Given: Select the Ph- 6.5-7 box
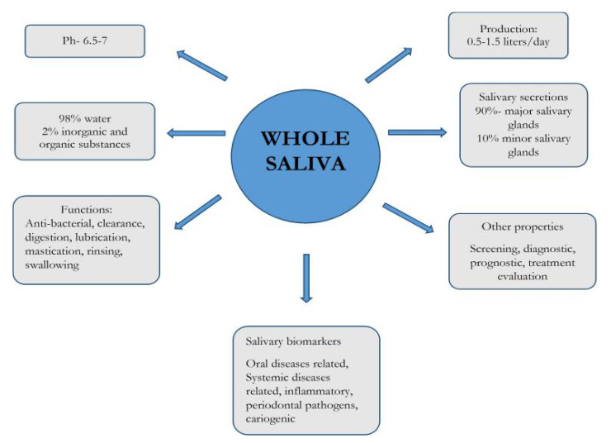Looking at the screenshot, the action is (84, 40).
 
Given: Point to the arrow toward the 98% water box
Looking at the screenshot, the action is (197, 133).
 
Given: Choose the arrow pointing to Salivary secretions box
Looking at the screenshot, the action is (416, 131).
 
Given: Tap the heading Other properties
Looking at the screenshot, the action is (522, 226).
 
